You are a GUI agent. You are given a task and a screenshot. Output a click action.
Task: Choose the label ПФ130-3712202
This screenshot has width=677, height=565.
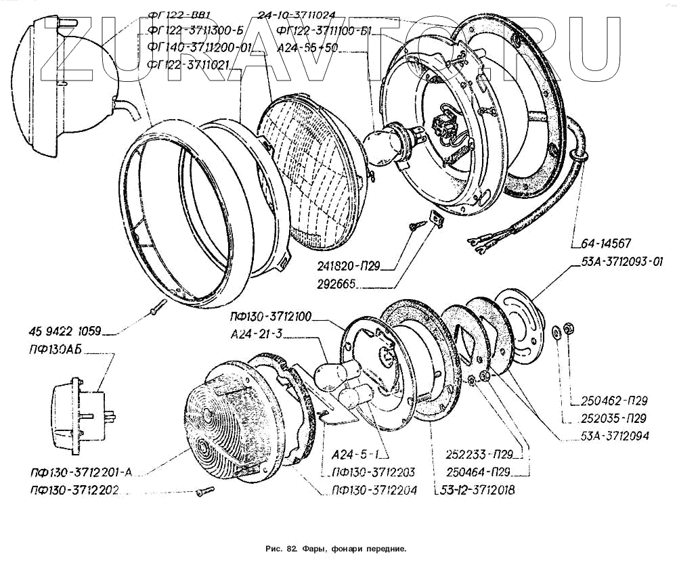[74, 490]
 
